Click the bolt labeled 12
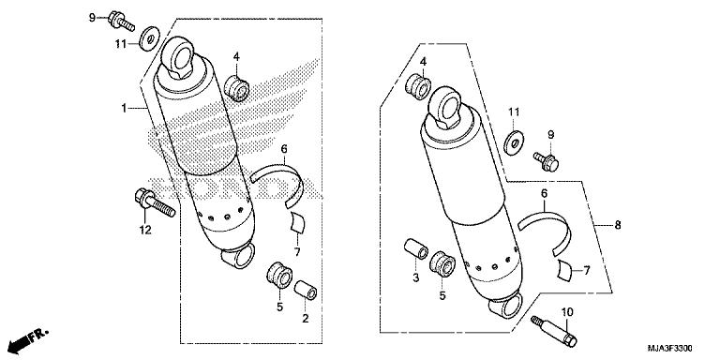click(156, 202)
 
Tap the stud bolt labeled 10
click(554, 331)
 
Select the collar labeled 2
click(306, 291)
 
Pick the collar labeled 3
click(416, 249)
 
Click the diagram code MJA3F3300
click(670, 348)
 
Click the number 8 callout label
click(618, 225)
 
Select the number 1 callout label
click(124, 108)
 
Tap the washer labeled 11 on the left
click(150, 38)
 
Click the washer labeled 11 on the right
click(515, 142)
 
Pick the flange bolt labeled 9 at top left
click(121, 22)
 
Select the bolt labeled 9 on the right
click(547, 161)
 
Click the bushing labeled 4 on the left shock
click(236, 88)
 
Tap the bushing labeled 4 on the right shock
click(418, 86)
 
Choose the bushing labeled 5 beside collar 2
click(279, 275)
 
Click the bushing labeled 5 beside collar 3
click(442, 264)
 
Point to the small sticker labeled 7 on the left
click(297, 223)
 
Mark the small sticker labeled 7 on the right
click(565, 270)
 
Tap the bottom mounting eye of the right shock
click(506, 305)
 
